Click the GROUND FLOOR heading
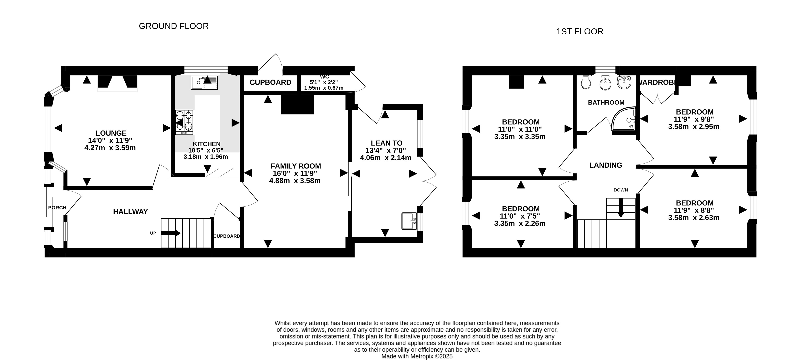[x=173, y=26]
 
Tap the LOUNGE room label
[x=111, y=133]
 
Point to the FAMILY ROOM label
[x=296, y=166]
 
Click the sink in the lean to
[x=409, y=221]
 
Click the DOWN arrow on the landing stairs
[x=621, y=208]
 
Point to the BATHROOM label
[x=606, y=103]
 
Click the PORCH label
[x=57, y=208]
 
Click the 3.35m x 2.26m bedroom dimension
[x=520, y=223]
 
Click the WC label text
[x=324, y=77]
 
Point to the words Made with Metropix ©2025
[x=417, y=356]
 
